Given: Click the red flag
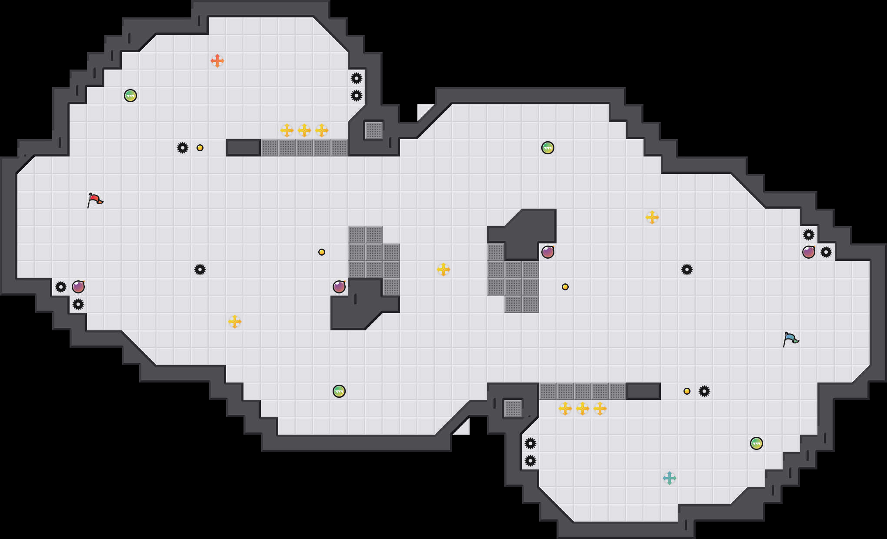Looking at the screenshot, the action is pos(95,200).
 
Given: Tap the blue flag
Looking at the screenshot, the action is pos(790,339).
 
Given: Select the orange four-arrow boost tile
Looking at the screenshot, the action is pos(217,61).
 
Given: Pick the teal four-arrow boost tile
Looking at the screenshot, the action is pos(669,478).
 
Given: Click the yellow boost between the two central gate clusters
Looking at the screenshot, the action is pos(443,269).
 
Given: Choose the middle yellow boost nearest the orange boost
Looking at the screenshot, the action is pos(304,130).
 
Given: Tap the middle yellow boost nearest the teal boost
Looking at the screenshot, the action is pos(582,409).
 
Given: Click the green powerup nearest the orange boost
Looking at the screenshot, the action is pos(130,96).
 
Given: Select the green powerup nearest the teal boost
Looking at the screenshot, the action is pos(756,443).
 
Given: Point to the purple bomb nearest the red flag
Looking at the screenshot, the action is pos(78,287).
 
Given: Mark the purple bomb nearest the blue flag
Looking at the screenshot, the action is pos(808,252).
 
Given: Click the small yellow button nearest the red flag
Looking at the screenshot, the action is pos(200,148).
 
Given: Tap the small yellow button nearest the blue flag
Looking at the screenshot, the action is pos(687,391).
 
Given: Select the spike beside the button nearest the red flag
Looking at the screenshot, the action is pos(183,148).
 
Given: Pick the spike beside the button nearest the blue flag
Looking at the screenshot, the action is pos(704,391).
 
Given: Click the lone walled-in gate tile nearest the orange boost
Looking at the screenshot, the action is pos(373,130).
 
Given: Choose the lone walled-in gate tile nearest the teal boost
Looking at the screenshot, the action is pos(513,409).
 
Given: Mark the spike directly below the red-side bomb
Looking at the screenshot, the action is pos(78,304).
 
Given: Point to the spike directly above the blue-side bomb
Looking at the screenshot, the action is pos(808,235).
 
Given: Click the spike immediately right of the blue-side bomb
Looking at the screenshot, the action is pos(826,252).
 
